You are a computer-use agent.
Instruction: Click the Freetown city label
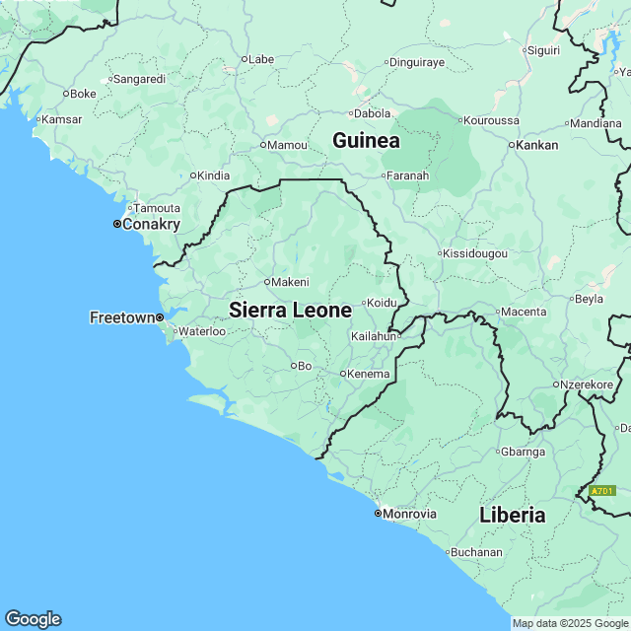[122, 317]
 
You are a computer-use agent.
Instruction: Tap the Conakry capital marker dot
[116, 224]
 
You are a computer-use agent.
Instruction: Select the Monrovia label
[410, 514]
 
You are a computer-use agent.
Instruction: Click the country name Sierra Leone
[290, 310]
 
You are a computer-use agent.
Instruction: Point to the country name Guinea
[366, 141]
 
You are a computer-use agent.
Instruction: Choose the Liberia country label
[512, 515]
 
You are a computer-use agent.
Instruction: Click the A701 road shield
[601, 490]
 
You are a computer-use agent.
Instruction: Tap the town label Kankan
[538, 145]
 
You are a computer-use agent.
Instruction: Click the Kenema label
[370, 374]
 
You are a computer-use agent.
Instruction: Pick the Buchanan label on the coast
[478, 552]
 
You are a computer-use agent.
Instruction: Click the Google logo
[33, 618]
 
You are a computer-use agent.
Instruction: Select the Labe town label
[260, 59]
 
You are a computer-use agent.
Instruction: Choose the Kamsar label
[61, 119]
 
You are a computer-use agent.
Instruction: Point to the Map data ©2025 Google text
[570, 623]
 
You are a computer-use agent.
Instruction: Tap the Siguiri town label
[543, 49]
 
